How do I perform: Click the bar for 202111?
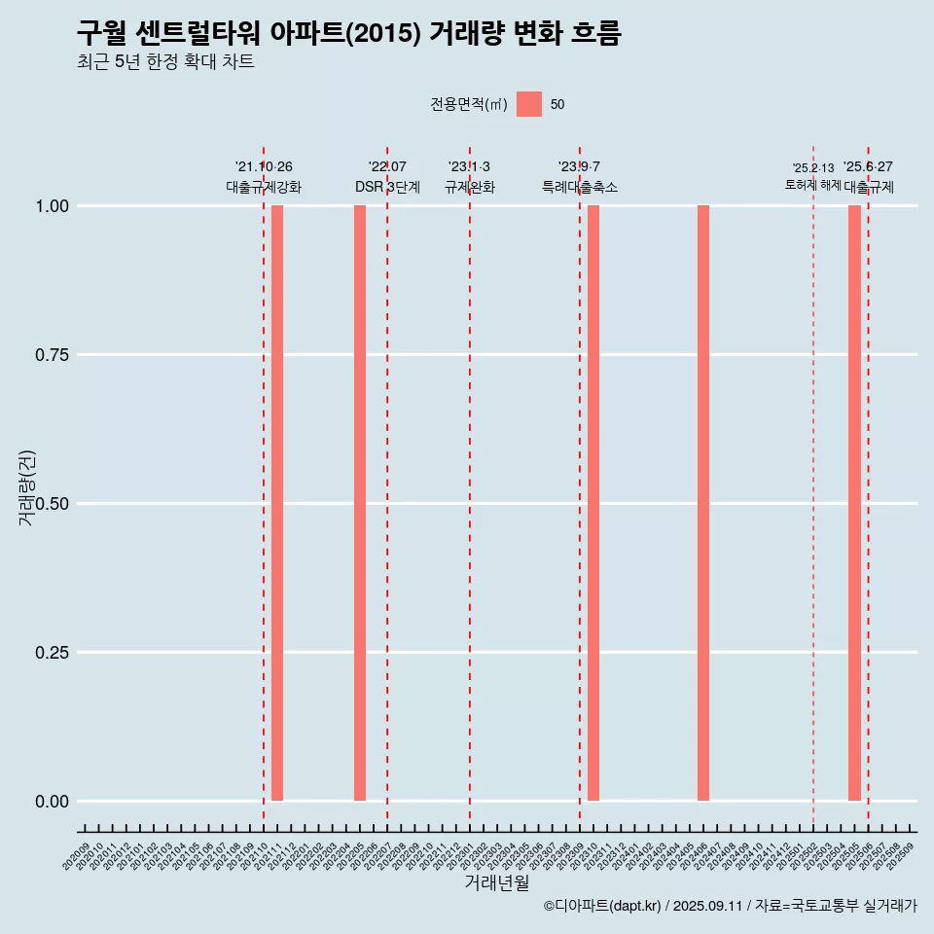(277, 503)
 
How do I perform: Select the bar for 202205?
(360, 503)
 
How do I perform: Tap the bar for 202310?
(593, 503)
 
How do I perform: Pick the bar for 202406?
(703, 503)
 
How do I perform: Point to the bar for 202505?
(854, 503)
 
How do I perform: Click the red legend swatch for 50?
(529, 104)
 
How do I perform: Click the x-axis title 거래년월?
(497, 883)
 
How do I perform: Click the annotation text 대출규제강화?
(264, 187)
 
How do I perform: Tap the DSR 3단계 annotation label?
(387, 187)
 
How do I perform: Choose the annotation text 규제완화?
(470, 187)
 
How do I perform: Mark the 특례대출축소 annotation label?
(580, 187)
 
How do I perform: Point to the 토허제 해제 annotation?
(813, 185)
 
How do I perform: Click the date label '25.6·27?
(868, 167)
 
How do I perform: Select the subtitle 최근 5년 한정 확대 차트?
(165, 62)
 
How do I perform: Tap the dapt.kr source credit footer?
(730, 906)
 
